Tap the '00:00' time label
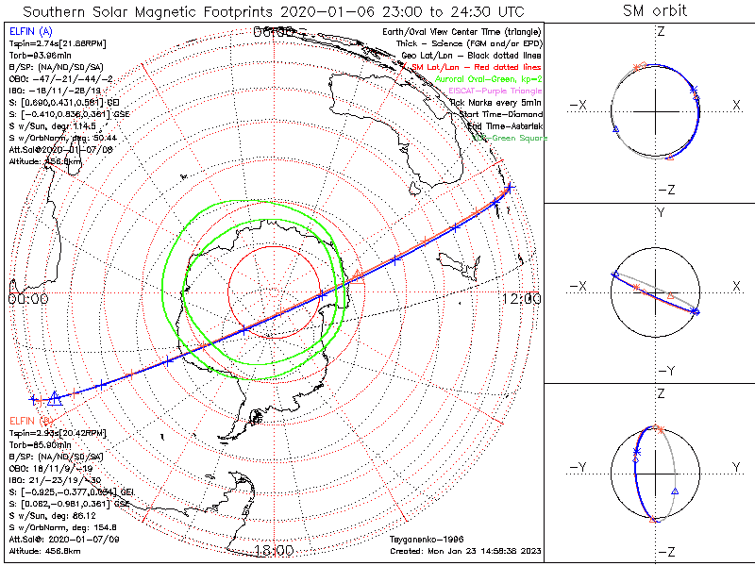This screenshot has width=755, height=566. tap(27, 299)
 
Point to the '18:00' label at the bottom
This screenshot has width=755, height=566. tap(274, 551)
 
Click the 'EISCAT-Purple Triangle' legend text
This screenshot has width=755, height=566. tap(496, 91)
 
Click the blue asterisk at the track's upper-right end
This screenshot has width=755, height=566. tap(509, 189)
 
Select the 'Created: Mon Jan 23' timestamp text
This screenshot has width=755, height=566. tap(464, 551)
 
